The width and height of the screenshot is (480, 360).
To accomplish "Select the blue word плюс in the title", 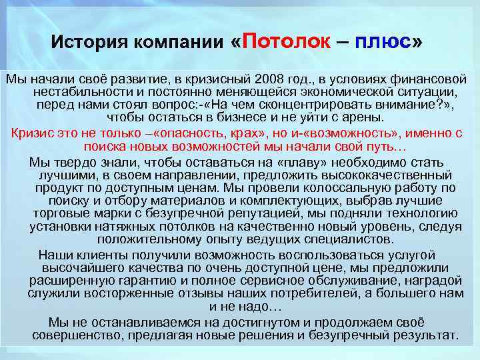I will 384,42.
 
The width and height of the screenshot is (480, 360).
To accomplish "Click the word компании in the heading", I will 179,43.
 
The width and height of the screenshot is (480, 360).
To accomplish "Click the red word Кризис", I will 34,131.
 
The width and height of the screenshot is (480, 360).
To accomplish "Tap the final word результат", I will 421,335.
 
